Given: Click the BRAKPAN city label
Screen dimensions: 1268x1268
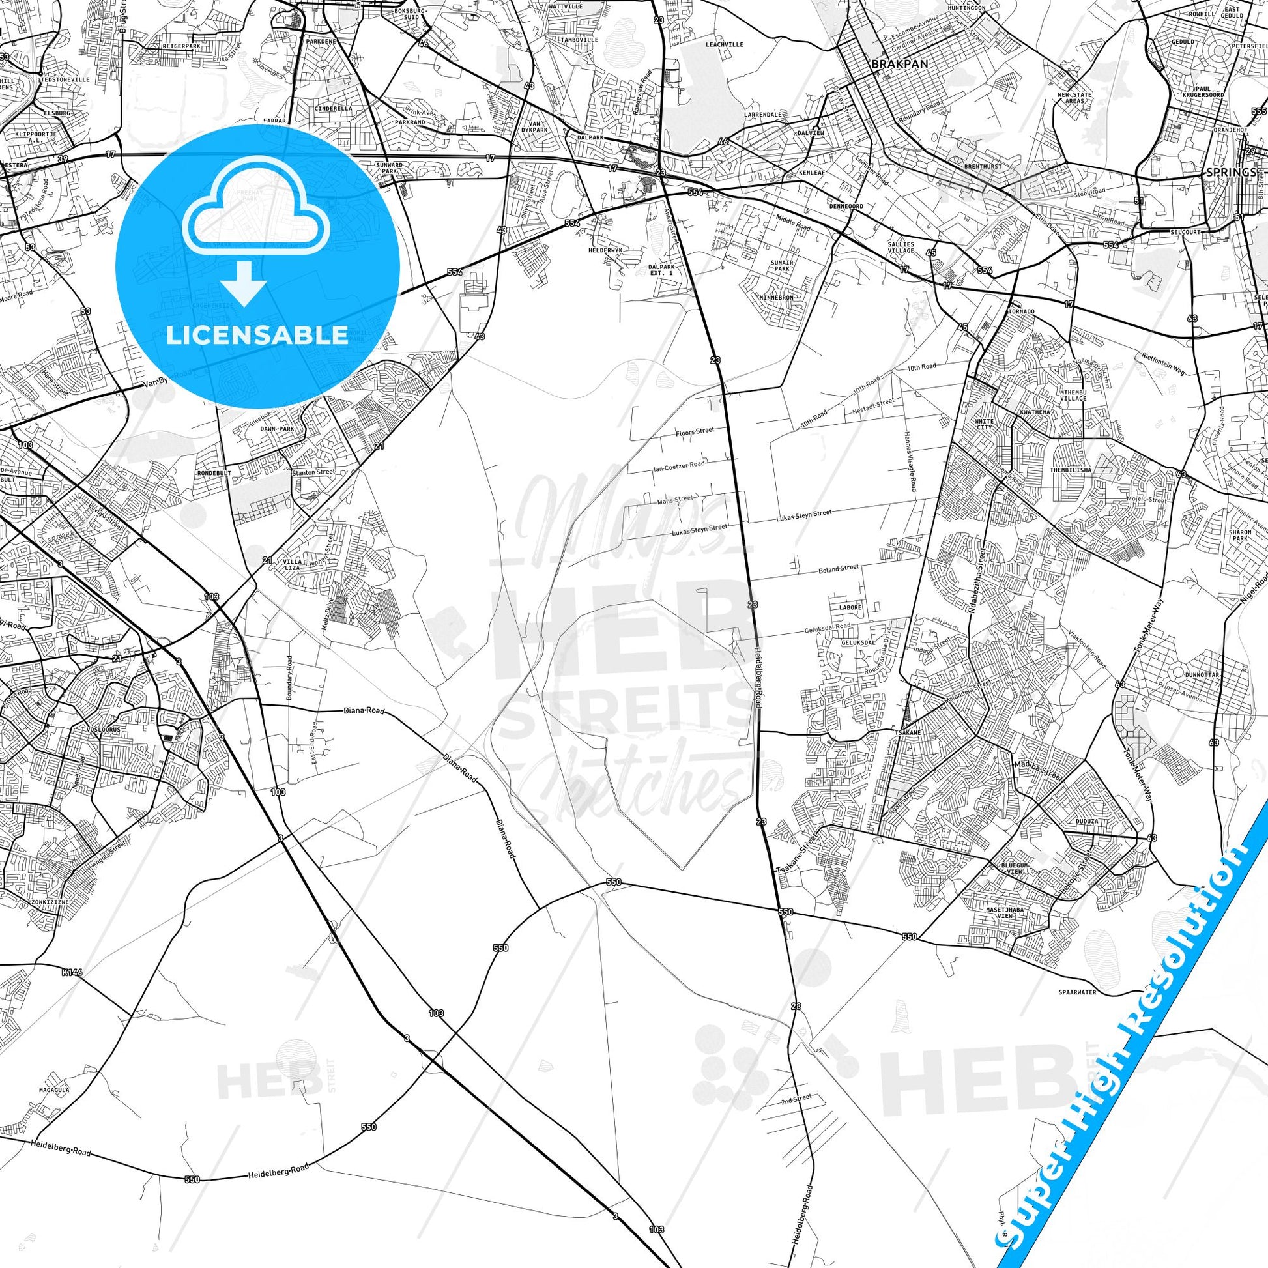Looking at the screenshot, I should (x=890, y=65).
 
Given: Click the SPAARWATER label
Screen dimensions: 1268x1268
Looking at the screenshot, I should (x=1077, y=992).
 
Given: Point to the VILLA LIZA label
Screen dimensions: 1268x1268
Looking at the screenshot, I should (x=293, y=564).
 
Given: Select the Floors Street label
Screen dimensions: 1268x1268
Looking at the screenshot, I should (x=695, y=431).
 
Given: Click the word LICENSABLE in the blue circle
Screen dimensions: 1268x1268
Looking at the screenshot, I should (x=257, y=336).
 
